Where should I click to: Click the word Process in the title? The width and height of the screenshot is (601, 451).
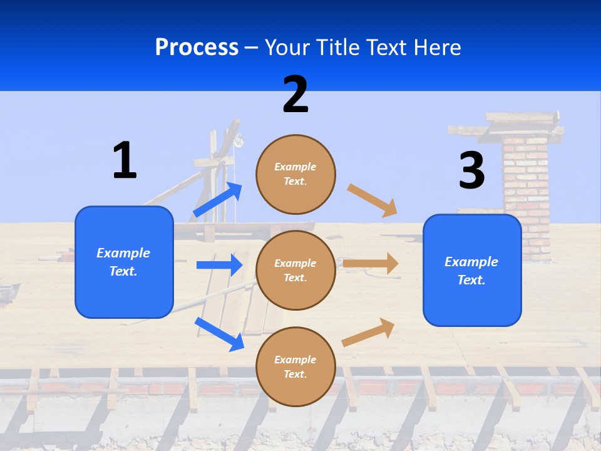coord(197,47)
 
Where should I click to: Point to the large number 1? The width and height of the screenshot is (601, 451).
coord(125,160)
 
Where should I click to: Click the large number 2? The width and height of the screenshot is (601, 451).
coord(295,95)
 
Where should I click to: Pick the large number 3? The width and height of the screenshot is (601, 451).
coord(471,170)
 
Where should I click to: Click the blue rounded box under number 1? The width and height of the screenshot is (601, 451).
coord(124,262)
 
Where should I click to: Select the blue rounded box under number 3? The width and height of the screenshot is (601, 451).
coord(472,270)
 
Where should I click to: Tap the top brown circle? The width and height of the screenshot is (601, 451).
coord(295,174)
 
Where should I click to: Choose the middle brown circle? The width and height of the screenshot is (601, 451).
coord(295,270)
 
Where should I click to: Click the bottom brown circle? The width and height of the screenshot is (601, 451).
coord(295,366)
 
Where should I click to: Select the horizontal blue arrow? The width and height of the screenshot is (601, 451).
coord(219,265)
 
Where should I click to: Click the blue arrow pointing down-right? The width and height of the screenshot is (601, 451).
coord(219,334)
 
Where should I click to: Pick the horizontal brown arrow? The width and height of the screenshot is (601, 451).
coord(371,264)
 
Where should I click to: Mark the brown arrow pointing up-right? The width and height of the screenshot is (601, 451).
coord(368,332)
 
